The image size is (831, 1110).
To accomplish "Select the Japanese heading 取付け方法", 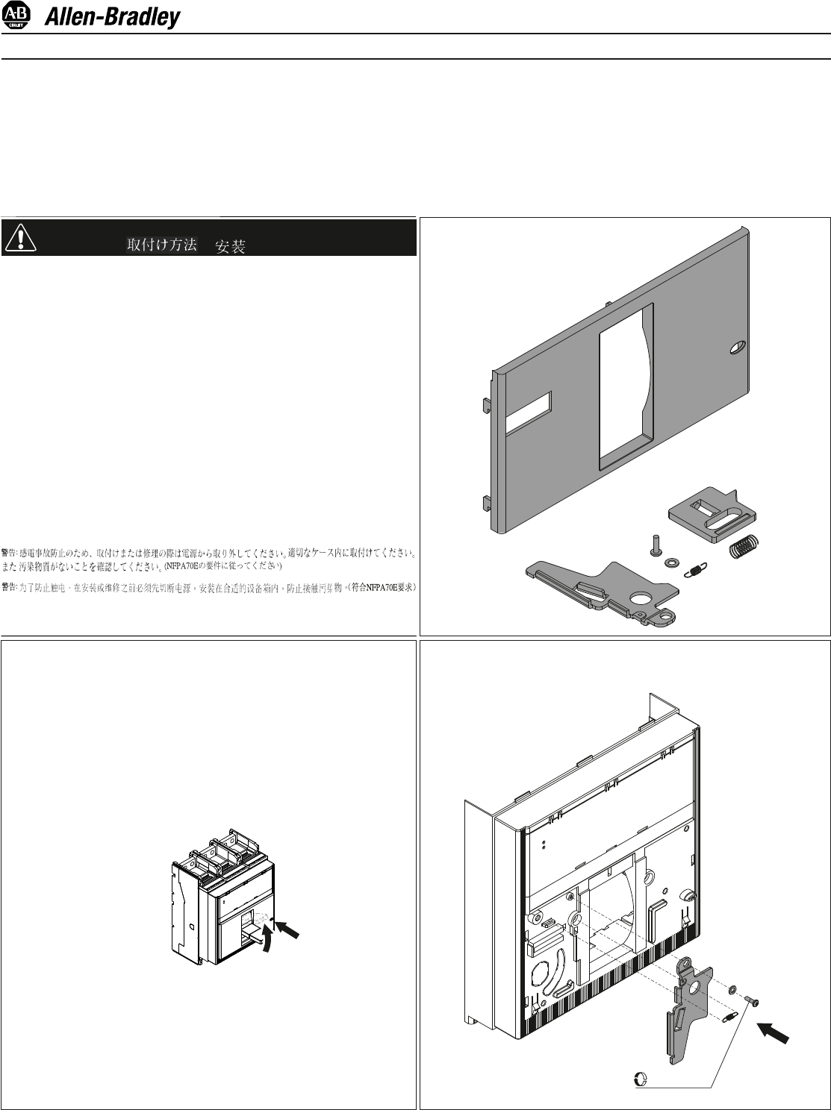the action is point(162,245).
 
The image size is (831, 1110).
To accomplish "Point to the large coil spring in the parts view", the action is point(744,548).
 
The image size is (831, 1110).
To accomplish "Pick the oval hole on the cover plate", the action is point(737,347).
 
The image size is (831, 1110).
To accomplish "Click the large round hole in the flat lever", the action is point(640,598).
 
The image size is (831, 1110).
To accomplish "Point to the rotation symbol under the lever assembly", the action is point(641,1079).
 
